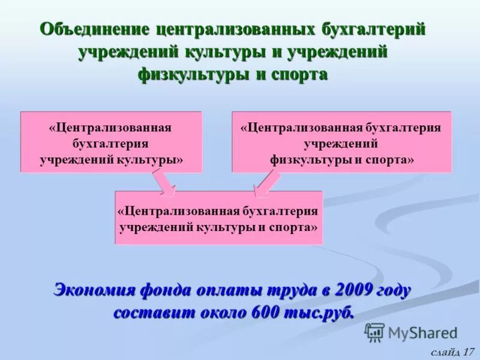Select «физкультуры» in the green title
coord(195,74)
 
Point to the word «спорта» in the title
coord(298,74)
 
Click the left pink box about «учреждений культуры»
coord(111,143)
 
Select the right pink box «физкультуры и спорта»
coord(341,143)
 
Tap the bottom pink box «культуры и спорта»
coord(218,217)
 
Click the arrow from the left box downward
coord(163,183)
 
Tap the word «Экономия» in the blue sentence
coord(95,291)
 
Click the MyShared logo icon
coord(374,332)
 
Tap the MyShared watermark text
coord(422,333)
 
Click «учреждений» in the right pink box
coord(340,144)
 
